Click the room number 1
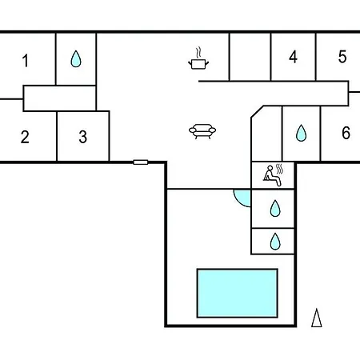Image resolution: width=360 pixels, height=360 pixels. (26, 61)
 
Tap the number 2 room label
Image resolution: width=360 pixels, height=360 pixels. (25, 137)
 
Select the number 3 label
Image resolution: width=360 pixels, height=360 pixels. (83, 137)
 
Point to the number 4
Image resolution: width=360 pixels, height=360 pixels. (293, 57)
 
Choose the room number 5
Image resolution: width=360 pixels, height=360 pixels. (342, 57)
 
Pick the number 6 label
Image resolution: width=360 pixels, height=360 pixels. (346, 133)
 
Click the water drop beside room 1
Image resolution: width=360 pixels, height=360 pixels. (76, 58)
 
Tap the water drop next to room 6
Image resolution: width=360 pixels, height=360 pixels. (301, 133)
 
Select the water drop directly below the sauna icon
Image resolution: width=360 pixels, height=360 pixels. (275, 208)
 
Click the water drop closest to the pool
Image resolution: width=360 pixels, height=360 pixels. (275, 242)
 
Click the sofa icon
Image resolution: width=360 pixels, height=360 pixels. (202, 131)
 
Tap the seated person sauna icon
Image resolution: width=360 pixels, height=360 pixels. (273, 175)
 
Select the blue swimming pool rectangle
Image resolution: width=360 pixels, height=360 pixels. (238, 293)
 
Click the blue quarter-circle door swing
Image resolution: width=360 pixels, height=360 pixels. (242, 198)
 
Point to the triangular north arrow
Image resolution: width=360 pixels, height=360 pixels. (317, 318)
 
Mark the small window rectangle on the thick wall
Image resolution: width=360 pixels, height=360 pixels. (141, 162)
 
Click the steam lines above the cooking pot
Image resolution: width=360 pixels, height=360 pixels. (198, 53)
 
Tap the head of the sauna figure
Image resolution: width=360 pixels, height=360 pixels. (270, 168)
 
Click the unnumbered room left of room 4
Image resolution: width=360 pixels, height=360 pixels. (250, 57)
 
